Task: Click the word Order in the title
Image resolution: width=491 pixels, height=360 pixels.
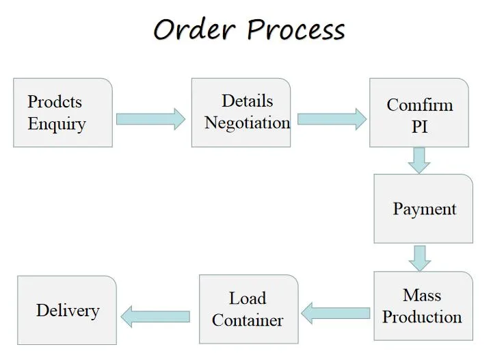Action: [x=195, y=30]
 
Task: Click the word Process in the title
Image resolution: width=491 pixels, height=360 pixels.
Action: [x=295, y=30]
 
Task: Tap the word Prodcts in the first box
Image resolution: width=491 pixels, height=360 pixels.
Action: [x=55, y=102]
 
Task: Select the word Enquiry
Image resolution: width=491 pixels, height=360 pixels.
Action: [x=57, y=125]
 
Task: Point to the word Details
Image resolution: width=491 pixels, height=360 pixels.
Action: [x=247, y=101]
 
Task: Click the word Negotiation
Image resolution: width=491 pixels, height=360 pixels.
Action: [x=247, y=123]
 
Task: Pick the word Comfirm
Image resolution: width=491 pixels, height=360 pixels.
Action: [x=419, y=105]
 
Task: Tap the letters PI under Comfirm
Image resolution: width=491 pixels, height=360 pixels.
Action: [x=419, y=127]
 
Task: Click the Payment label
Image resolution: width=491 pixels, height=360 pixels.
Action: [x=424, y=209]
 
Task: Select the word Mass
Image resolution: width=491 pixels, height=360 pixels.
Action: [x=422, y=295]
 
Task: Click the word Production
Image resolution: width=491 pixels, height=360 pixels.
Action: [x=422, y=317]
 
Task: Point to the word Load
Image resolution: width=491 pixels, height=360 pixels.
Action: [x=248, y=298]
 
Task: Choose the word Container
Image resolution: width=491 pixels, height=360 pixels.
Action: [x=248, y=320]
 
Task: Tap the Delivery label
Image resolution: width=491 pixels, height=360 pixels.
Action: [x=68, y=310]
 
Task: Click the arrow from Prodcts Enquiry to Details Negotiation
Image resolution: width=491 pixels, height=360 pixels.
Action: [x=150, y=119]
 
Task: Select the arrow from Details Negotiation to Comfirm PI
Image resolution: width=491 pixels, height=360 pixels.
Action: [x=332, y=119]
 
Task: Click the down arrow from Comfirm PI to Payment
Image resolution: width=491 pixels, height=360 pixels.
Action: [x=419, y=160]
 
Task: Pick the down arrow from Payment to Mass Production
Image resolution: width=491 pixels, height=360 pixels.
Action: [x=419, y=257]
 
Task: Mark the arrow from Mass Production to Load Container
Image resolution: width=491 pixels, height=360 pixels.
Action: [x=336, y=313]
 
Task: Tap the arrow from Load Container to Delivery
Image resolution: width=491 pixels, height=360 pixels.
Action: [x=155, y=316]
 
